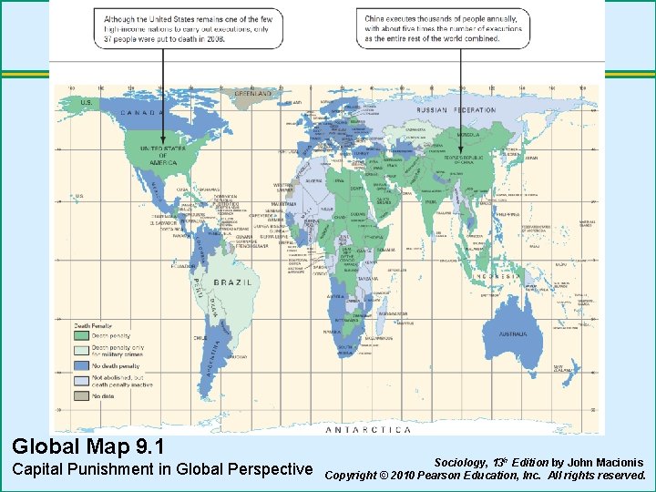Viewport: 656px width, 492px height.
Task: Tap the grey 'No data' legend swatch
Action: tap(81, 395)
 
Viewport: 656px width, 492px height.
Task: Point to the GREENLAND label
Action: tap(253, 94)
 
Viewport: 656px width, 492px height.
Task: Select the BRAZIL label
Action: tap(232, 282)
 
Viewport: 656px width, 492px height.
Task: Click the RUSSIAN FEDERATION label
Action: tap(456, 110)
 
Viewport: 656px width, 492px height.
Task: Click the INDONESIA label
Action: tap(497, 275)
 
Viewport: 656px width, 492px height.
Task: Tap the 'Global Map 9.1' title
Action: tap(88, 447)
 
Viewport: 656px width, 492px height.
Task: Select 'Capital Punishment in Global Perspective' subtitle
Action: tap(161, 469)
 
